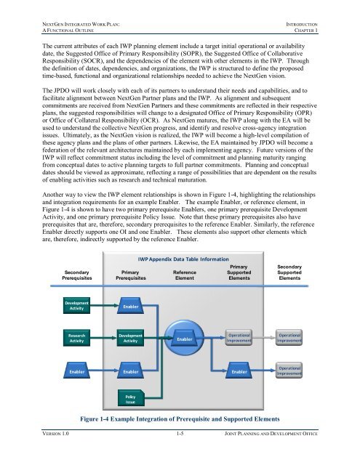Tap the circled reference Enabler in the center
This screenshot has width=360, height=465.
point(185,339)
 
